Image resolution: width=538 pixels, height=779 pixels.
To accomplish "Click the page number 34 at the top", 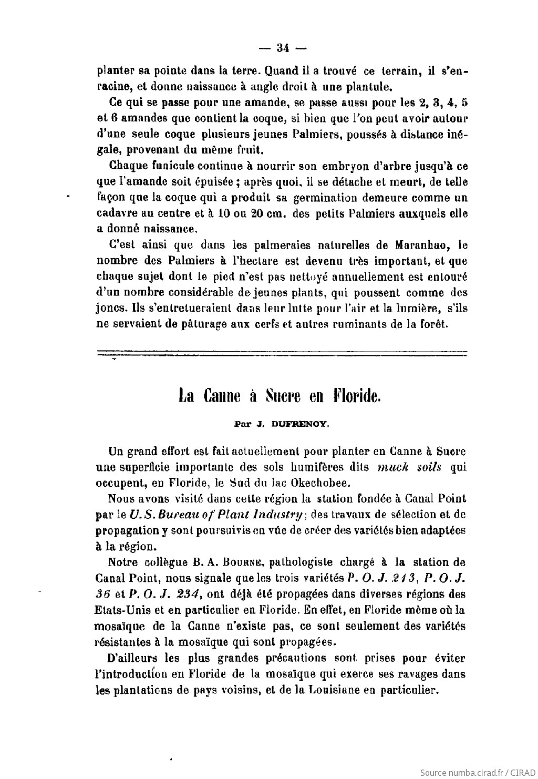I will [283, 48].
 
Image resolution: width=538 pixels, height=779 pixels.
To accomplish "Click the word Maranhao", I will [419, 245].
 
